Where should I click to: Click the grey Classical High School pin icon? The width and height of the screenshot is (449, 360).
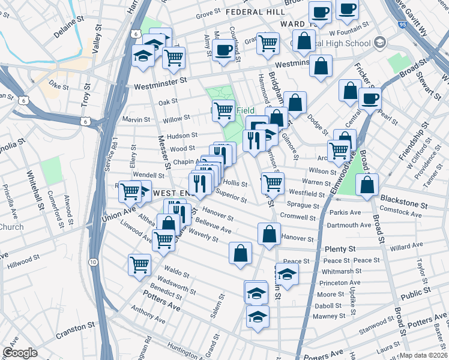coord(379,43)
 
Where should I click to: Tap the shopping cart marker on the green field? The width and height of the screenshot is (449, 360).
coord(223,110)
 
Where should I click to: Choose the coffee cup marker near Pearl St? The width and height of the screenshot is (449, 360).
coord(370,98)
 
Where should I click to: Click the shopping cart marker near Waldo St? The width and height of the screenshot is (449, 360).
coord(139,263)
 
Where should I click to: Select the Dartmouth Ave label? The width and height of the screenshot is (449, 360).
coord(349,226)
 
